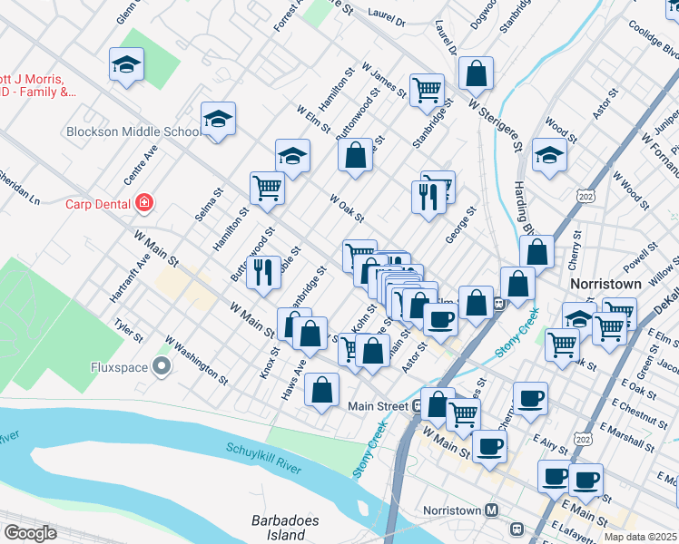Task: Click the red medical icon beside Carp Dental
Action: point(143,203)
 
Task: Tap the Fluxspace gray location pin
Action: point(162,367)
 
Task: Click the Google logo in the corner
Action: point(29,533)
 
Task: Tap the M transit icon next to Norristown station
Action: point(491,510)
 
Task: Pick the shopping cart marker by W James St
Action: point(427,91)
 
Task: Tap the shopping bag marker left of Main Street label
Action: point(322,391)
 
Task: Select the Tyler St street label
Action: point(128,329)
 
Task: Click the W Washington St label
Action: point(197,357)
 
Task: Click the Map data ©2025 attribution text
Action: point(640,537)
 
